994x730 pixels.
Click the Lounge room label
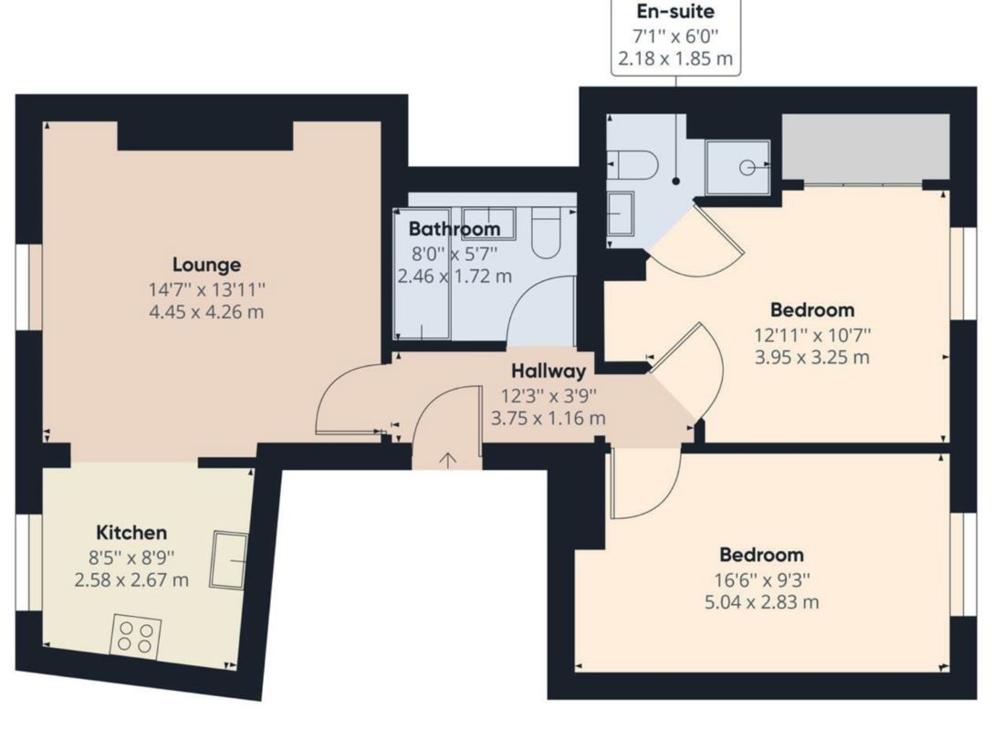207,265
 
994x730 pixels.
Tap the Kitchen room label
131,533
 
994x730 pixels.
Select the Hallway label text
548,371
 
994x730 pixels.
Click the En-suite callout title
675,13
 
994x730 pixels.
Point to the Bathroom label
454,228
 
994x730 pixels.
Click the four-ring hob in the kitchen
135,636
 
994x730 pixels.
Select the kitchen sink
228,559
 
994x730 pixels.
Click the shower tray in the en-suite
738,167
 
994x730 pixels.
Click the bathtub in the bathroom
422,274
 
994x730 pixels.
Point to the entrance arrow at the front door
447,459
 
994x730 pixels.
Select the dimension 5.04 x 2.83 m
761,602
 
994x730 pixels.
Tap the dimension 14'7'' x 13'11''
207,290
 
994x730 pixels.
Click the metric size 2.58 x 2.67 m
131,580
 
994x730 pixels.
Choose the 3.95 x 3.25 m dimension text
811,357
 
